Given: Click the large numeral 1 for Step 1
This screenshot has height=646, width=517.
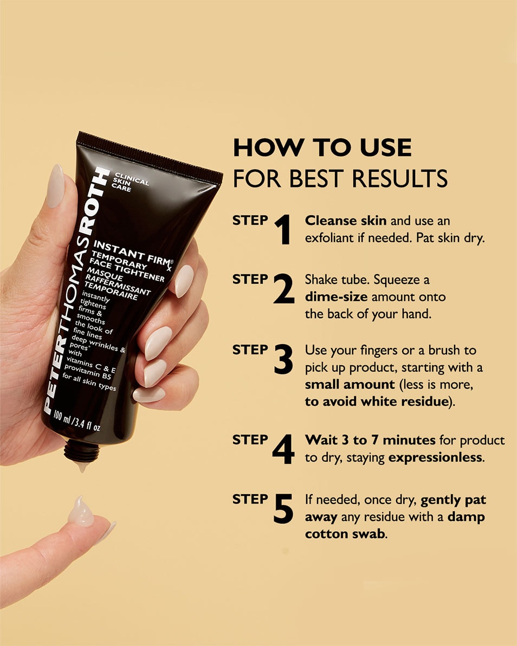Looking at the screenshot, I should click(282, 229).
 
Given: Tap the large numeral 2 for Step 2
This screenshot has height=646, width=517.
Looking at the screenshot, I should click(283, 289).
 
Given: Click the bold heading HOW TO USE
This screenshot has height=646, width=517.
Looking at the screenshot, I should click(322, 147).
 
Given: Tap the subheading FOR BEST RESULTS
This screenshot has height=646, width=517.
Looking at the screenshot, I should click(340, 178).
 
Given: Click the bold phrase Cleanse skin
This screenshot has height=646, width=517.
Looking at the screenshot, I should click(345, 221).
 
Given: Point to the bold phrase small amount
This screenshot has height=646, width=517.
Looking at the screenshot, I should click(350, 384).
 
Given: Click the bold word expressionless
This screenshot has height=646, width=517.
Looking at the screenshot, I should click(435, 457).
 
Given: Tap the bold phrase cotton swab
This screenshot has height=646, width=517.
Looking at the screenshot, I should click(345, 534).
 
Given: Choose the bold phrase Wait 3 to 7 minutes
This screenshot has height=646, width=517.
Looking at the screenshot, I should click(371, 440).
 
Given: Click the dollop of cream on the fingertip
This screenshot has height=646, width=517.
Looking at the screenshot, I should click(81, 511).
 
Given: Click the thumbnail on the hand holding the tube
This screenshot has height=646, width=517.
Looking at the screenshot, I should click(55, 186).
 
